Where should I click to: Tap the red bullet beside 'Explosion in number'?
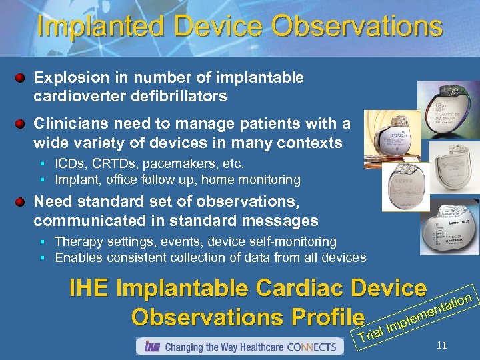(x=21, y=79)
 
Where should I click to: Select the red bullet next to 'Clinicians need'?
(x=21, y=125)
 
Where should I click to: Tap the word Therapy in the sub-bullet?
(x=76, y=241)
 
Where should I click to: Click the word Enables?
(x=77, y=257)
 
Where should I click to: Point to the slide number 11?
(x=441, y=345)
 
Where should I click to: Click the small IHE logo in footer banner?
(x=151, y=347)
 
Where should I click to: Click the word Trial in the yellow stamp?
(x=371, y=333)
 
